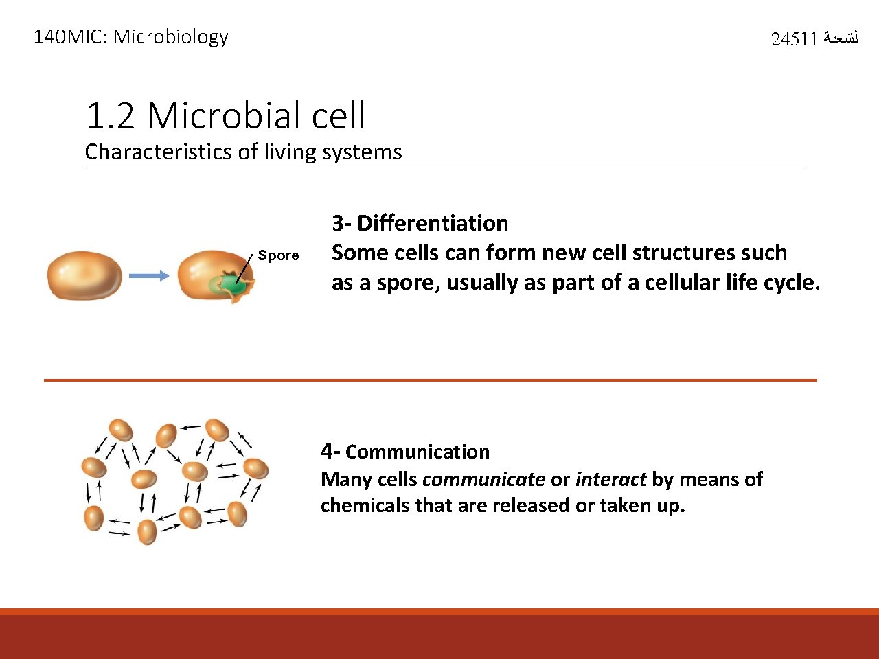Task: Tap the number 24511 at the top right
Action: coord(794,39)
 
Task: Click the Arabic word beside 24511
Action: coord(841,38)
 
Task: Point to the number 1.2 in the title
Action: coord(110,115)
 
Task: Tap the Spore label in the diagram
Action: coord(278,255)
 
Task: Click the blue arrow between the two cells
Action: coord(149,276)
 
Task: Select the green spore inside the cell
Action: coord(233,283)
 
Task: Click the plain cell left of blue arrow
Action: coord(84,275)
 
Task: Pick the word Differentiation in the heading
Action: coord(433,223)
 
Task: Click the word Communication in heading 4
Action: coord(418,452)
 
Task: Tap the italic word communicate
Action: coord(483,479)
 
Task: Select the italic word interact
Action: coord(610,479)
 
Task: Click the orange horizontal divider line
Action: coord(430,380)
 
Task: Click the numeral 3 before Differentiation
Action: coord(337,223)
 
